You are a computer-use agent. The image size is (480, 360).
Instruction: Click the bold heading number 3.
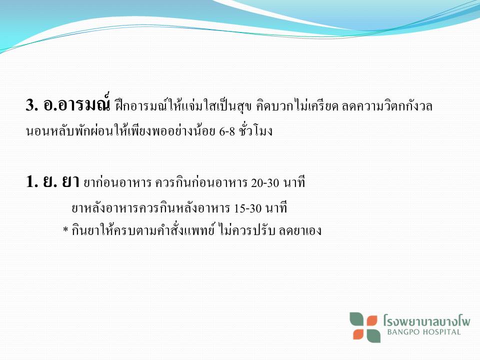click(x=32, y=105)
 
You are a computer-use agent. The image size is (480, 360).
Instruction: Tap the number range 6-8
click(x=227, y=131)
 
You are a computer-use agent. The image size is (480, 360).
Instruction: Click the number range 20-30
click(x=265, y=183)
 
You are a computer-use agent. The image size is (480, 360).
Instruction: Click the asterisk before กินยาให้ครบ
click(x=65, y=230)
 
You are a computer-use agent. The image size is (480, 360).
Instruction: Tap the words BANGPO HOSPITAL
click(x=423, y=332)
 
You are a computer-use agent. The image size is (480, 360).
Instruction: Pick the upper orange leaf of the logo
click(x=372, y=321)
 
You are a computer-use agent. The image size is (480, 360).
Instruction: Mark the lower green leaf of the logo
click(x=373, y=335)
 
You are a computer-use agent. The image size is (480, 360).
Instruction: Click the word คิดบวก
click(x=274, y=106)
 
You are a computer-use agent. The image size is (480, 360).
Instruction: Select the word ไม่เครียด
click(x=316, y=105)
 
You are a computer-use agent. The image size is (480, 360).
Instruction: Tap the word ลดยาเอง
click(x=300, y=230)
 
